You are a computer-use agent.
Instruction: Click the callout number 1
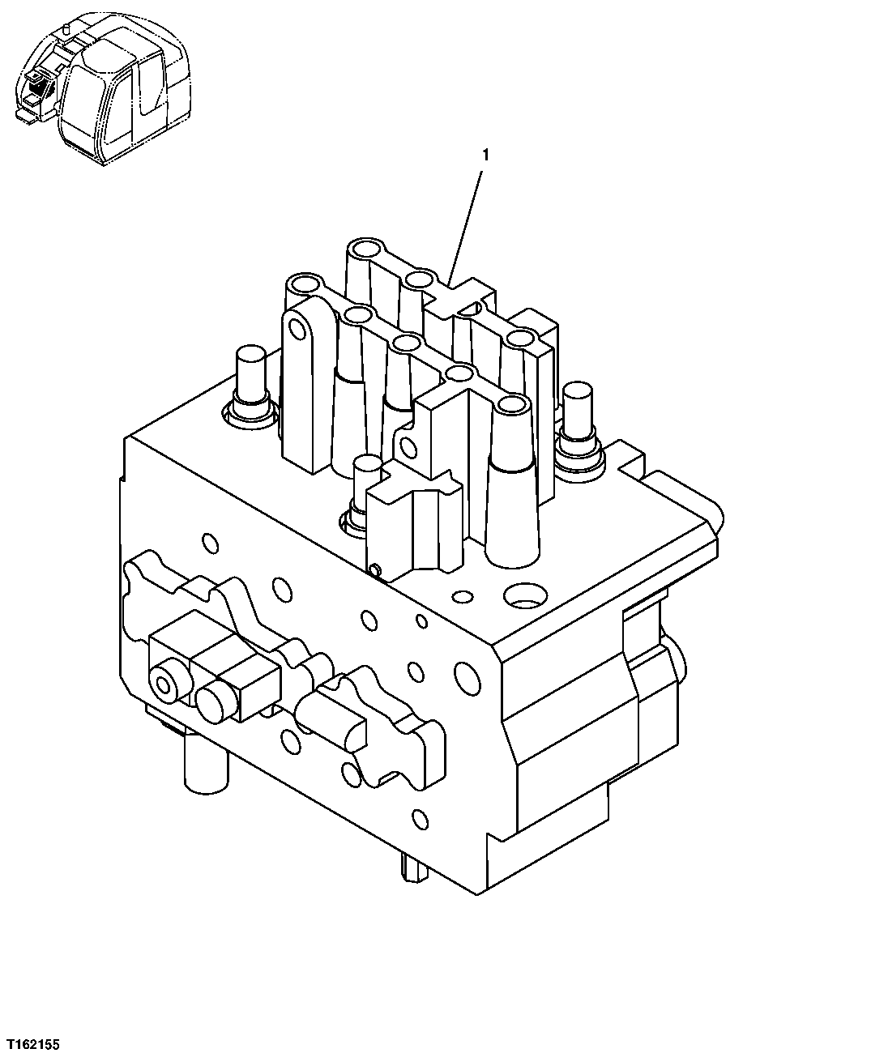click(x=485, y=153)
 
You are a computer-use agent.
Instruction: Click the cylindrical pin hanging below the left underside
click(x=203, y=761)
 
